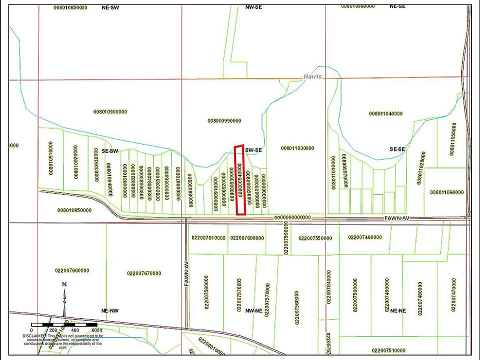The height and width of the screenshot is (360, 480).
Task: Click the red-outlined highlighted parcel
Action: click(x=240, y=180)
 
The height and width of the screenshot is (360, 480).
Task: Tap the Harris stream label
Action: click(x=313, y=76)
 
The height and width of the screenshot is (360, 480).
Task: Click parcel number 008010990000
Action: click(x=224, y=120)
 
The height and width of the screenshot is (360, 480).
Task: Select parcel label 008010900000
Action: click(x=110, y=111)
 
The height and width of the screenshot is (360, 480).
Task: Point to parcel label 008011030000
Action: click(x=297, y=148)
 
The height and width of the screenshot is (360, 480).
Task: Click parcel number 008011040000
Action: click(x=385, y=114)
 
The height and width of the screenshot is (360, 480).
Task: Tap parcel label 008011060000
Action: click(x=446, y=192)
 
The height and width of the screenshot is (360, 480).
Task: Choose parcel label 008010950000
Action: click(x=74, y=210)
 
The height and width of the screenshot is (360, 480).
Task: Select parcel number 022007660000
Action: click(x=72, y=270)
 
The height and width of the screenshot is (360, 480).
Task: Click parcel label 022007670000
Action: click(x=143, y=273)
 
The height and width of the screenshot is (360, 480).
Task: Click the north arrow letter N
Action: click(x=64, y=284)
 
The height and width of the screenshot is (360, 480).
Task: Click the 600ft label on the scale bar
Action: click(x=96, y=330)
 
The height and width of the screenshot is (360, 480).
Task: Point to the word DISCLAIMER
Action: click(x=33, y=336)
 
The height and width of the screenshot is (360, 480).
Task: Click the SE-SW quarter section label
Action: click(x=110, y=150)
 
